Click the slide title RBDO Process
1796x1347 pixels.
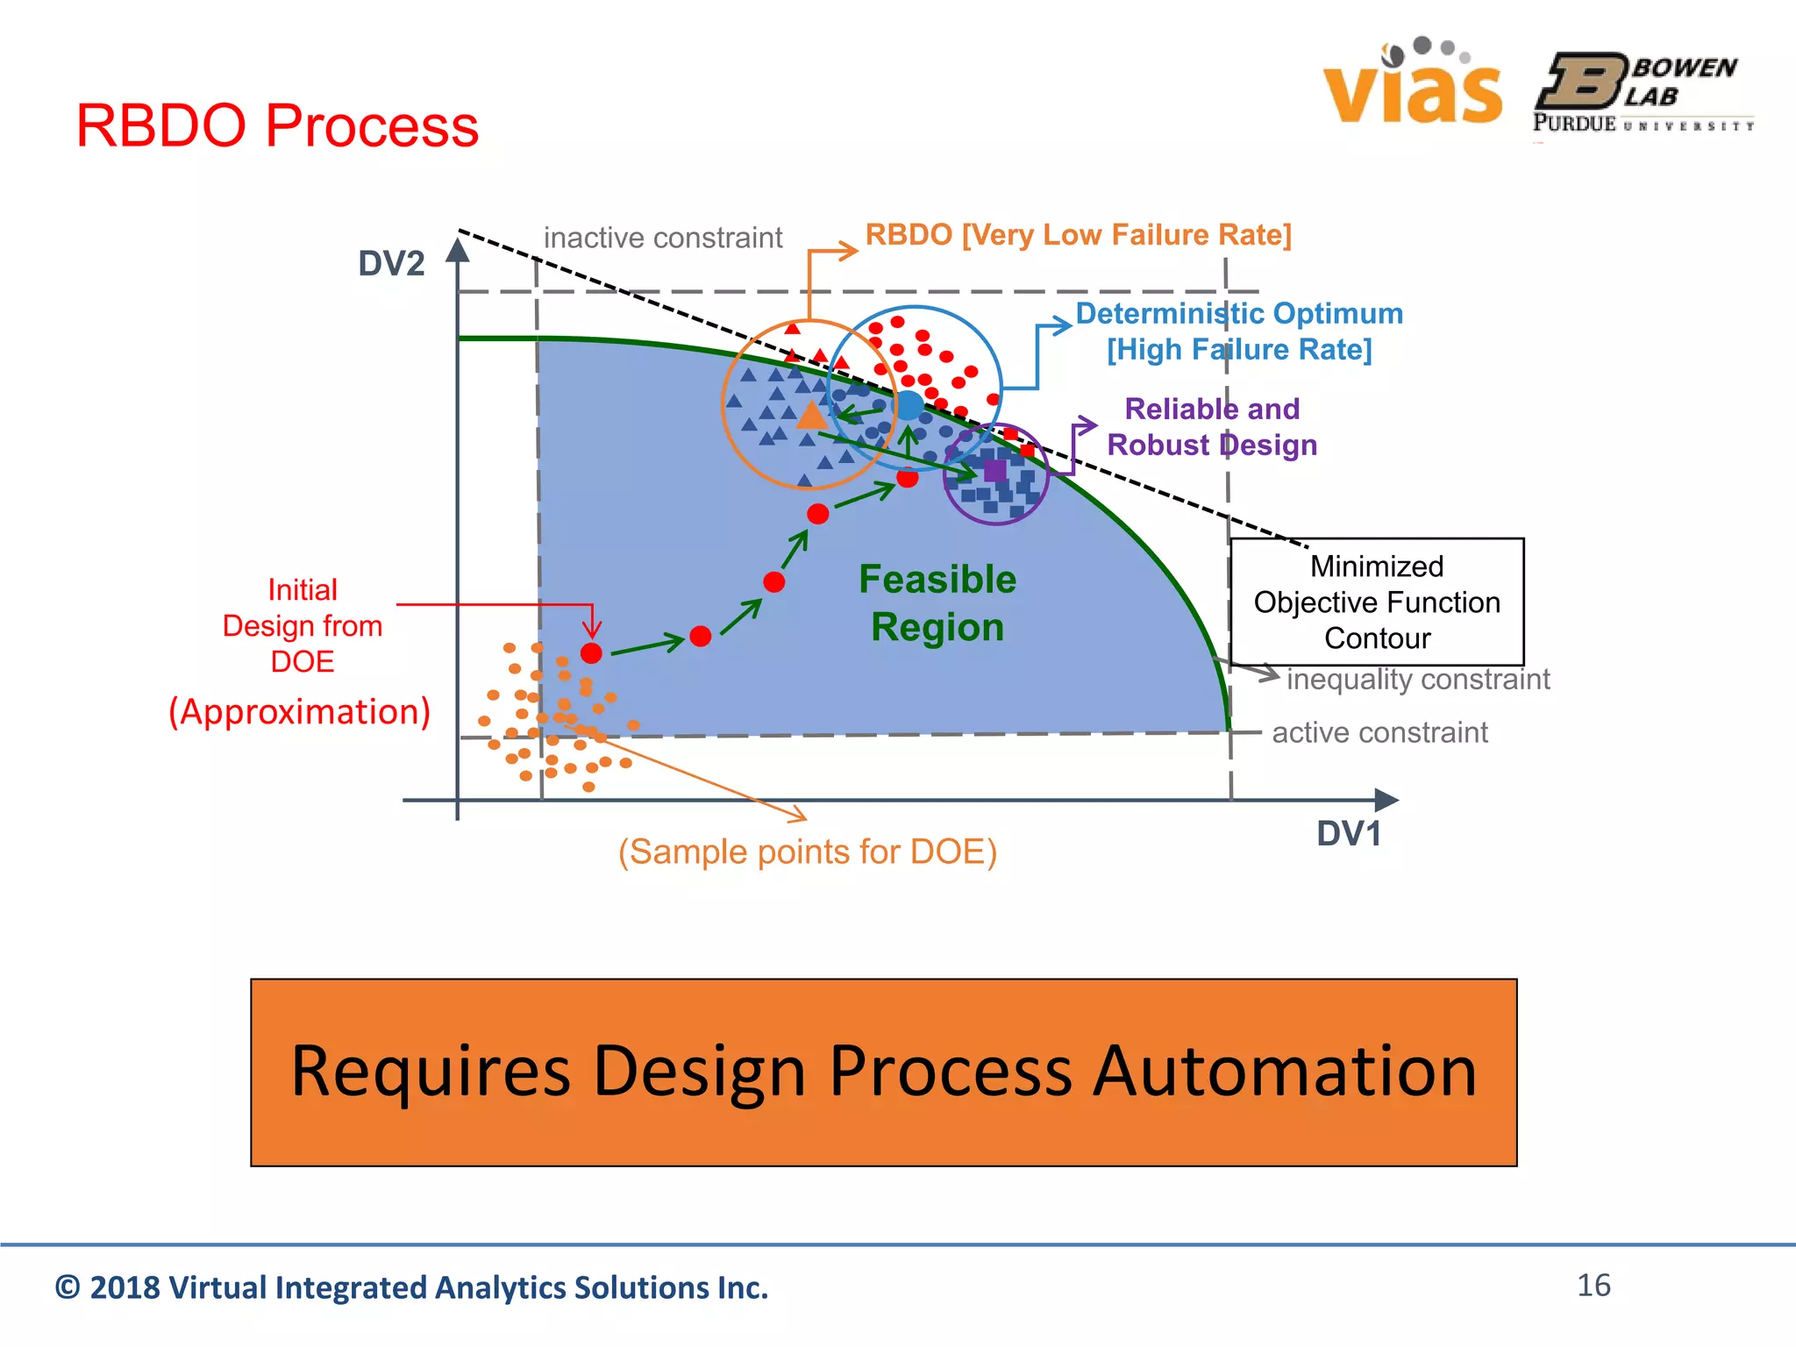pos(277,125)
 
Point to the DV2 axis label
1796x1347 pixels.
pos(391,263)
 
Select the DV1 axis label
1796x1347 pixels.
pos(1348,833)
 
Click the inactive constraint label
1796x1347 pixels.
pos(662,238)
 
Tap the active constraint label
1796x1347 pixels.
pos(1379,732)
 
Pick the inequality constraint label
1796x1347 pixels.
pos(1417,679)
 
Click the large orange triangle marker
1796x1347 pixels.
pos(812,416)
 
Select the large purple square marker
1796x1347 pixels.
pos(995,471)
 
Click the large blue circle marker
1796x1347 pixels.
pos(909,405)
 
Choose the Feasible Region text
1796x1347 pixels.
pos(937,603)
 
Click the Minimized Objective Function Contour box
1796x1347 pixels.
pos(1377,602)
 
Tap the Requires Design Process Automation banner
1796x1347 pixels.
pos(883,1073)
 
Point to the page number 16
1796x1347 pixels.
pos(1593,1286)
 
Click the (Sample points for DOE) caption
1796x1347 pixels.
pos(807,852)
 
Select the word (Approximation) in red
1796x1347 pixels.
pos(299,711)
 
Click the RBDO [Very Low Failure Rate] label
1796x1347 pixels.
pos(1078,235)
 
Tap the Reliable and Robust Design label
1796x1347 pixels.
pos(1212,427)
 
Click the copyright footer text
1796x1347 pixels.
pos(411,1287)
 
